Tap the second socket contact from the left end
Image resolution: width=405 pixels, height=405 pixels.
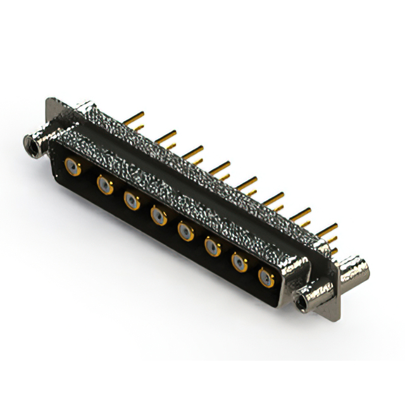(104, 185)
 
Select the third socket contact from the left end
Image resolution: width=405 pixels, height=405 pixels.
(132, 201)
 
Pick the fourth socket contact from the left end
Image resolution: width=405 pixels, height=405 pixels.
(159, 217)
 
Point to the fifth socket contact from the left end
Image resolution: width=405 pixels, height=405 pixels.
(186, 232)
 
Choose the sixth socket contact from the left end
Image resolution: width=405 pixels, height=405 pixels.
(213, 247)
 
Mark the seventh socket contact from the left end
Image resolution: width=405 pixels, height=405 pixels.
(239, 263)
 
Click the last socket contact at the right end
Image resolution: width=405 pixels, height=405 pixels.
(266, 278)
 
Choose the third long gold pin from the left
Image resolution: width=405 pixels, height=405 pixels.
(194, 151)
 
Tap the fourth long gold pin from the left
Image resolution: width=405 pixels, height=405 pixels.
(220, 166)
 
